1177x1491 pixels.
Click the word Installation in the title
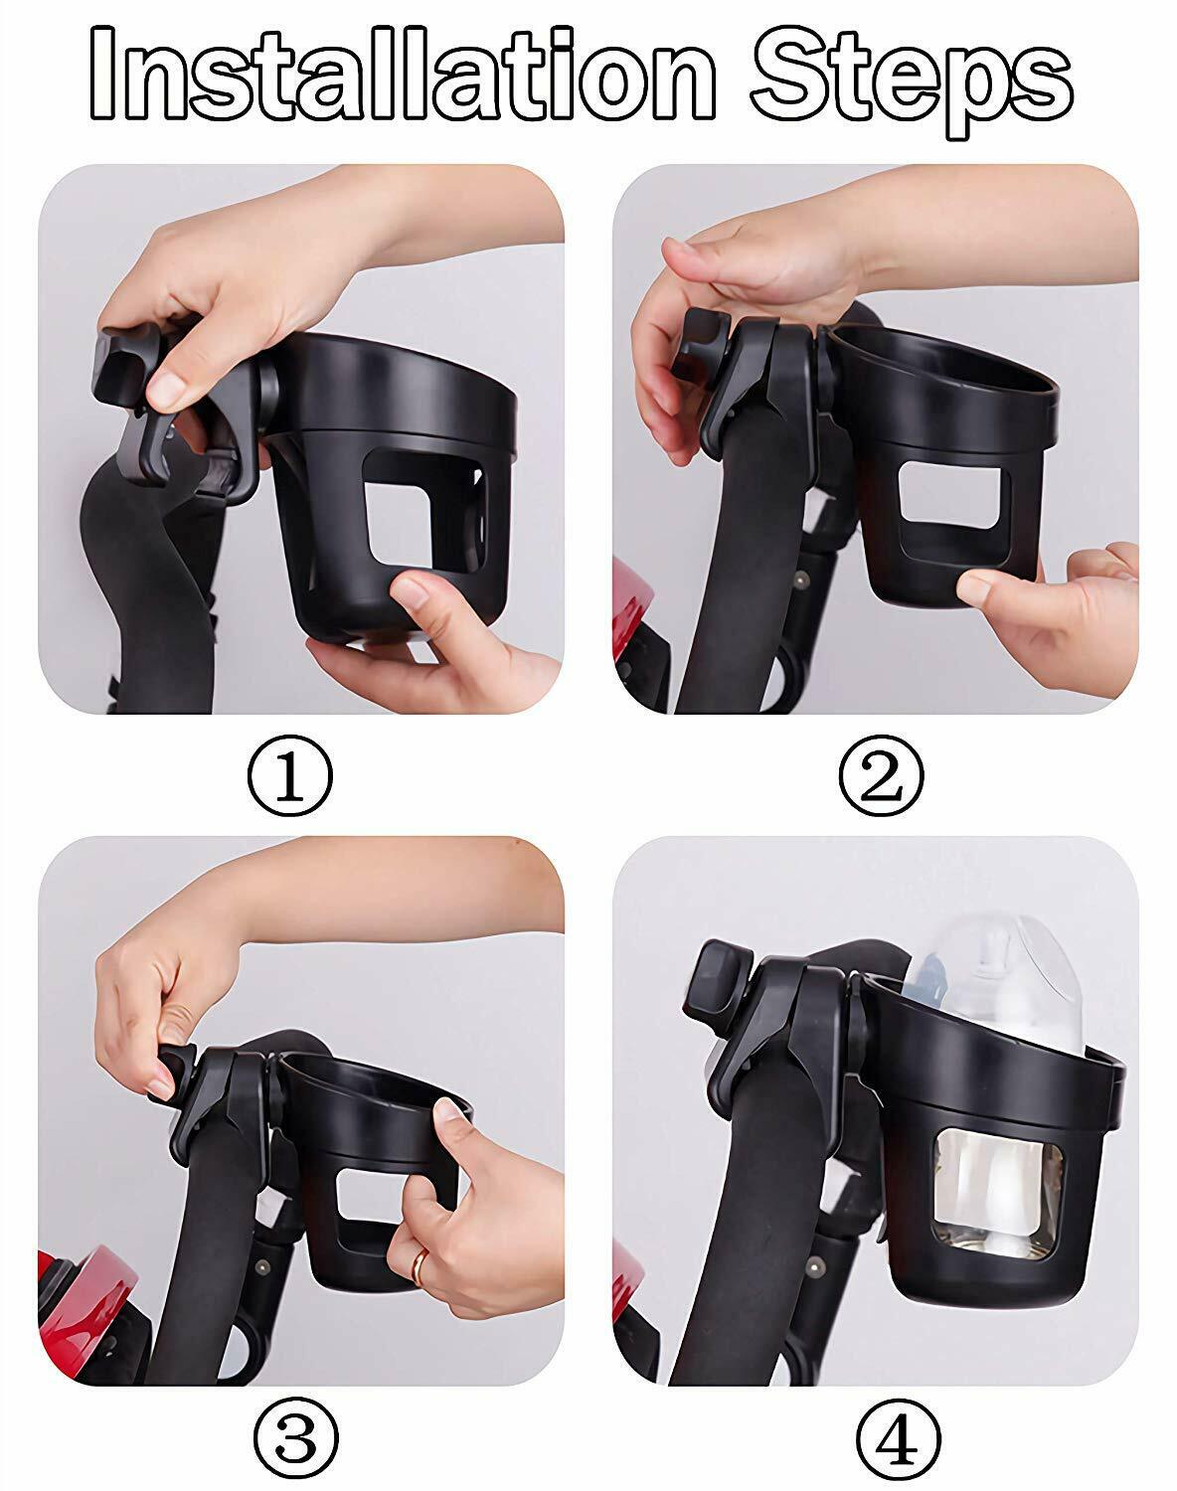pyautogui.click(x=402, y=73)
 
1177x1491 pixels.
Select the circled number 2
pyautogui.click(x=881, y=776)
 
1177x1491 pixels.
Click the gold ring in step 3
pyautogui.click(x=420, y=1264)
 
